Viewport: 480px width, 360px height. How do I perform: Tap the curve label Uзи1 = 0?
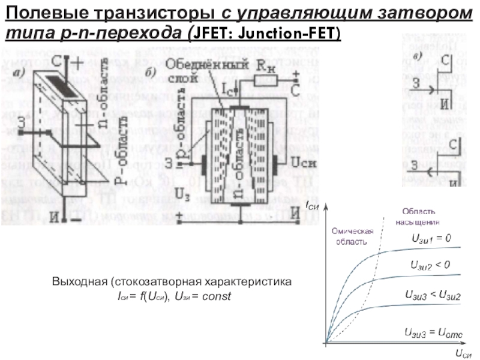coord(431,238)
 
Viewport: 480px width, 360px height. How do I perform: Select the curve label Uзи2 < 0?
coord(430,264)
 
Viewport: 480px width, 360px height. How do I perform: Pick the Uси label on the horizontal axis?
coord(463,354)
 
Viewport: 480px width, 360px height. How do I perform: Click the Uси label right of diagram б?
coord(300,161)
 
